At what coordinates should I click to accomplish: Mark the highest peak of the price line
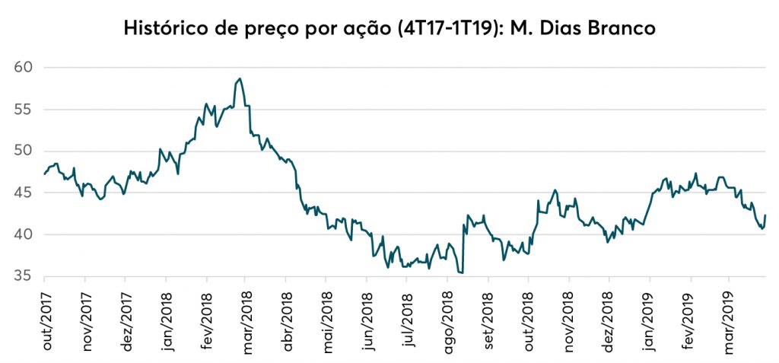(x=240, y=78)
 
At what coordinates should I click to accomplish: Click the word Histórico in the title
(x=161, y=30)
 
